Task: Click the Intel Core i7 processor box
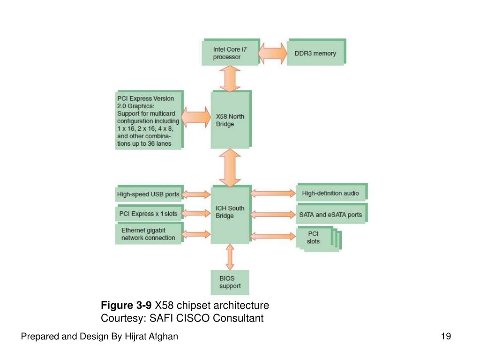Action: (x=230, y=53)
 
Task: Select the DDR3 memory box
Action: (x=316, y=53)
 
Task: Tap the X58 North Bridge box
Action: (x=231, y=120)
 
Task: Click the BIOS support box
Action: (x=230, y=282)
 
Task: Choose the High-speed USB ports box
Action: (x=148, y=194)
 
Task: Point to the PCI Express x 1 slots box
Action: (x=148, y=214)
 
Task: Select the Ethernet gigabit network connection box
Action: (x=148, y=234)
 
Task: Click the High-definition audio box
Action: (x=330, y=193)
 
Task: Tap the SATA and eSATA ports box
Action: (x=330, y=215)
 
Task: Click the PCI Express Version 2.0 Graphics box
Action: (x=148, y=120)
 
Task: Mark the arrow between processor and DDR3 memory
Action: (x=272, y=53)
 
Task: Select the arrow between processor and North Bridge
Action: (x=230, y=78)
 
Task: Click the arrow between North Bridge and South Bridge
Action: (x=230, y=167)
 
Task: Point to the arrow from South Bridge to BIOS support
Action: (x=230, y=257)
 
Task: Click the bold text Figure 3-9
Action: (x=126, y=306)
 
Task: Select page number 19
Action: (x=446, y=336)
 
